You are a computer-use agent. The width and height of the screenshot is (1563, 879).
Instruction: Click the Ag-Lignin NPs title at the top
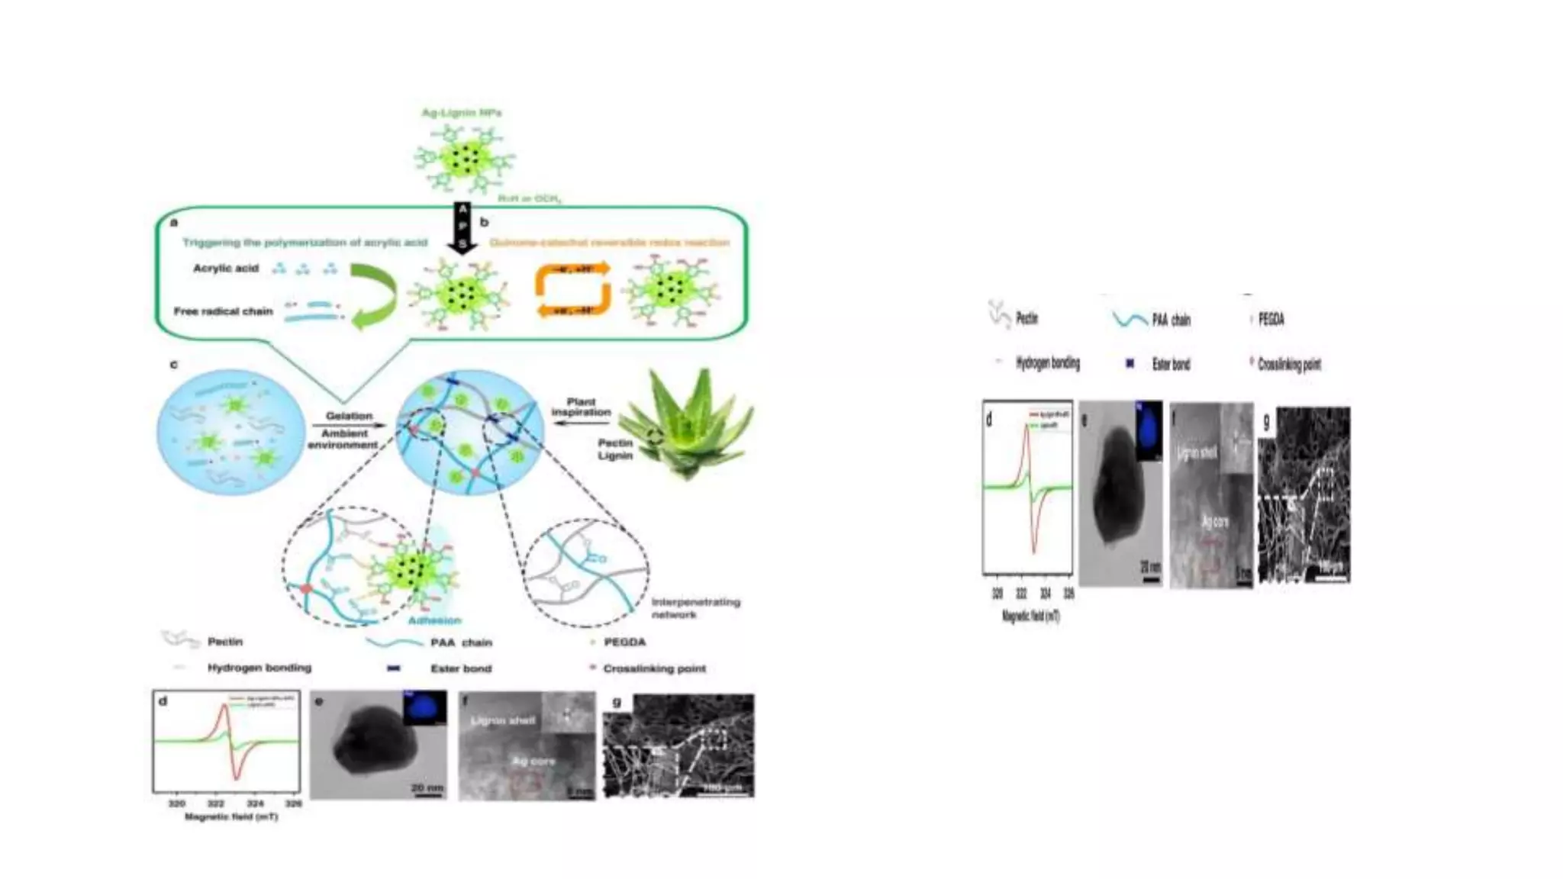[x=462, y=113]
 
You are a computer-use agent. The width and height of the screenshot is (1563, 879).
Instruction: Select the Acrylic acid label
[x=226, y=269]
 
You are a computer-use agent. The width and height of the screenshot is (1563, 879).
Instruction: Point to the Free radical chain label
[x=223, y=311]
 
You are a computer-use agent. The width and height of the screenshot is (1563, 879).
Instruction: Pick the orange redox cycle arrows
[x=572, y=289]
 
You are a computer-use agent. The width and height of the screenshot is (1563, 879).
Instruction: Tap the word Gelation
[x=349, y=416]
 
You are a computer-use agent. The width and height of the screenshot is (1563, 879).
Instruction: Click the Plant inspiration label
[x=581, y=407]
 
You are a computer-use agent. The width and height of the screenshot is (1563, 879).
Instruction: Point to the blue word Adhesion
[x=434, y=620]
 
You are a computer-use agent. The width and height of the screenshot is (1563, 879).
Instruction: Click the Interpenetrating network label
[x=694, y=608]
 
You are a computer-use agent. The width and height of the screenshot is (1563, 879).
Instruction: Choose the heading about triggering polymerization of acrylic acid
[x=305, y=243]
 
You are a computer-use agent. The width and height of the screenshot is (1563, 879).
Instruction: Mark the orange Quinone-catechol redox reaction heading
[x=609, y=243]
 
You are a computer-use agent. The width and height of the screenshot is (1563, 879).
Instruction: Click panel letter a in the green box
[x=174, y=222]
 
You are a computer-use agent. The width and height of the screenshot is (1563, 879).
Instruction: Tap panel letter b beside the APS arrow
[x=484, y=222]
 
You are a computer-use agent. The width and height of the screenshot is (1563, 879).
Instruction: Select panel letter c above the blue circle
[x=173, y=365]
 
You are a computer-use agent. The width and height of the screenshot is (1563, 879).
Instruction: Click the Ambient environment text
[x=343, y=439]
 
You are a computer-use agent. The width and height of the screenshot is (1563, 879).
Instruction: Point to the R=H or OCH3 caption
[x=530, y=198]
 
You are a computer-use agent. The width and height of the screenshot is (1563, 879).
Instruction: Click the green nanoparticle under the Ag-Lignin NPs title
[x=464, y=159]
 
